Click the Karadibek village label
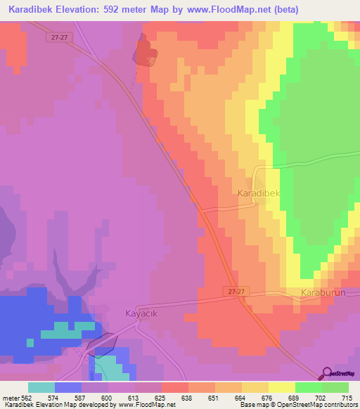pyautogui.click(x=259, y=192)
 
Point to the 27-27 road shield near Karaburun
pyautogui.click(x=238, y=290)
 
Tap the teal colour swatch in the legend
pyautogui.click(x=41, y=387)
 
